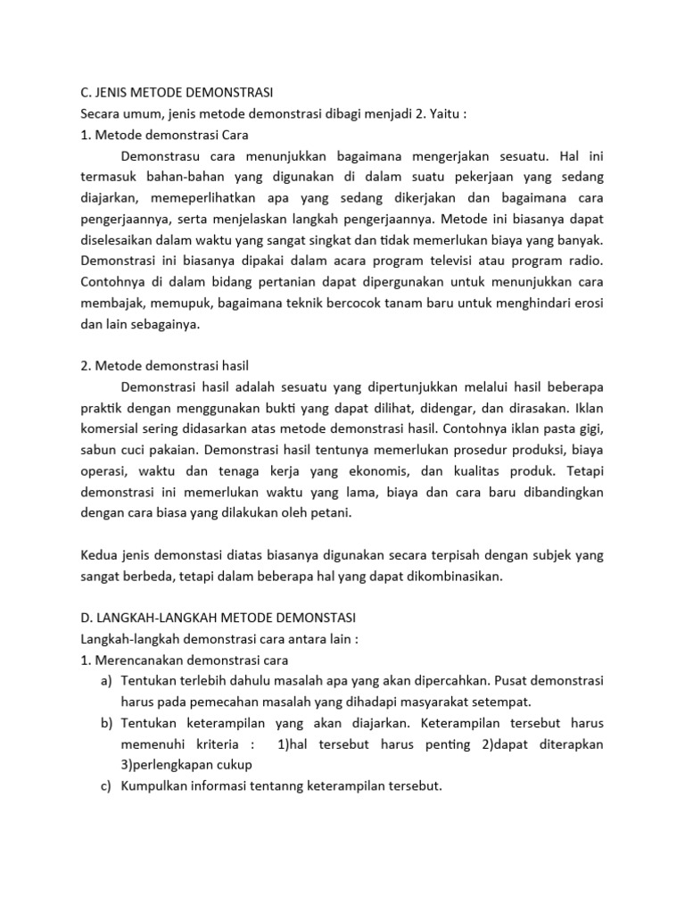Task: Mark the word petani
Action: point(331,512)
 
